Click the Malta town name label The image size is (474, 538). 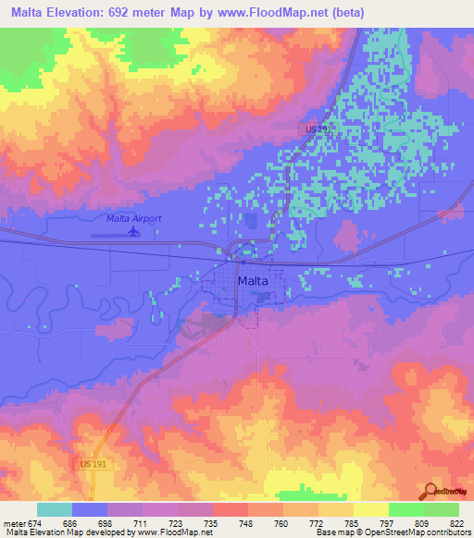pos(254,280)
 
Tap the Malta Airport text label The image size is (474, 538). pos(133,218)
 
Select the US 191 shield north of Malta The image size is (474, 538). pos(318,131)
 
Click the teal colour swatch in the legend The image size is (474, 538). pos(55,509)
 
